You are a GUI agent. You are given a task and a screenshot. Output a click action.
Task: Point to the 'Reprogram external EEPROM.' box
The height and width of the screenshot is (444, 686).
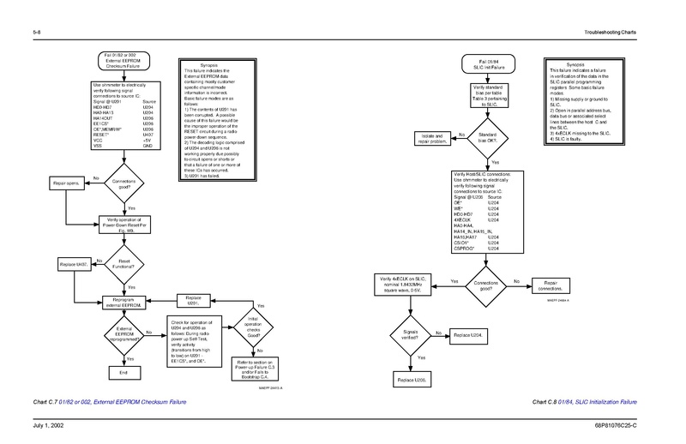point(125,301)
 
